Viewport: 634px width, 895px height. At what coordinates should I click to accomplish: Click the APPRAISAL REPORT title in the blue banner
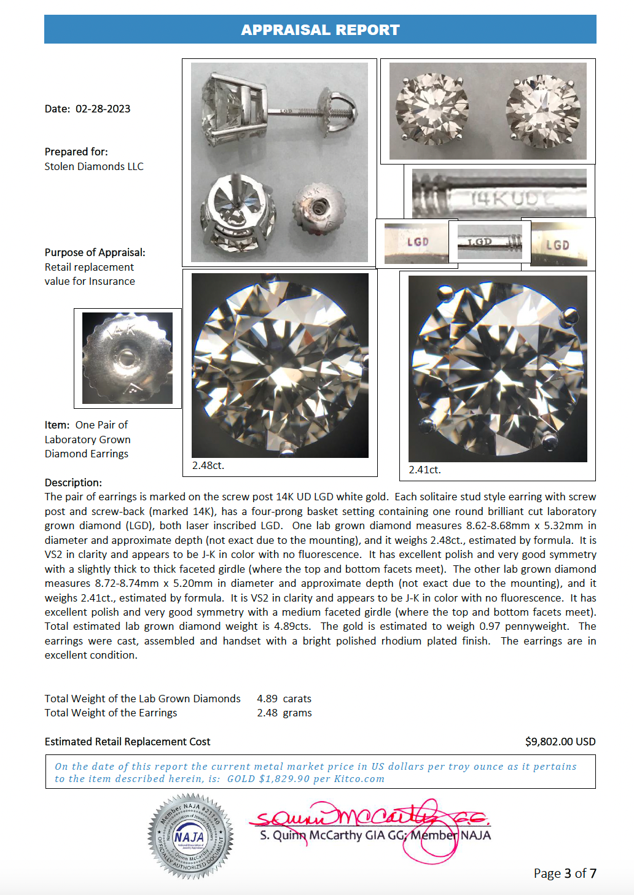click(x=320, y=30)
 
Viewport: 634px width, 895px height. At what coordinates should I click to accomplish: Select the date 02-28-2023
click(x=103, y=109)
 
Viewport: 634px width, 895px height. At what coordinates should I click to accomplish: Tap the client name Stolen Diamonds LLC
click(x=94, y=166)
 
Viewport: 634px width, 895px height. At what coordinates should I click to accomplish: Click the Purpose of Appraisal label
click(x=95, y=252)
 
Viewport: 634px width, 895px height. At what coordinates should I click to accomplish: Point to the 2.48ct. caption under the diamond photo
click(x=208, y=465)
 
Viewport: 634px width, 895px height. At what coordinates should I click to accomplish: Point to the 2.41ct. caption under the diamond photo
click(x=425, y=470)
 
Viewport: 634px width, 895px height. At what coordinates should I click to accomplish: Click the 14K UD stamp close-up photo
click(x=499, y=195)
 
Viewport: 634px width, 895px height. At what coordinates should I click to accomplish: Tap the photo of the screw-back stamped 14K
click(x=127, y=358)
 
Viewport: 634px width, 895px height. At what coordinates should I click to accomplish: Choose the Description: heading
click(x=73, y=482)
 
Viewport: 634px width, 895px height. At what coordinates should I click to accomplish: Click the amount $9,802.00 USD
click(x=560, y=742)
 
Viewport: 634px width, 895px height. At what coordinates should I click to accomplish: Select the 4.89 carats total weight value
click(x=284, y=699)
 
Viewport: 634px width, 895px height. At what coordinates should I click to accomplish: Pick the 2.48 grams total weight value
click(x=284, y=713)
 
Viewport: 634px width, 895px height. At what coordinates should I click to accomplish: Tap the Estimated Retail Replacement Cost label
click(x=127, y=742)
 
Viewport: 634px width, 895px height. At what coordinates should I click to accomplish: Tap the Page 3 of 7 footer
click(x=565, y=873)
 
